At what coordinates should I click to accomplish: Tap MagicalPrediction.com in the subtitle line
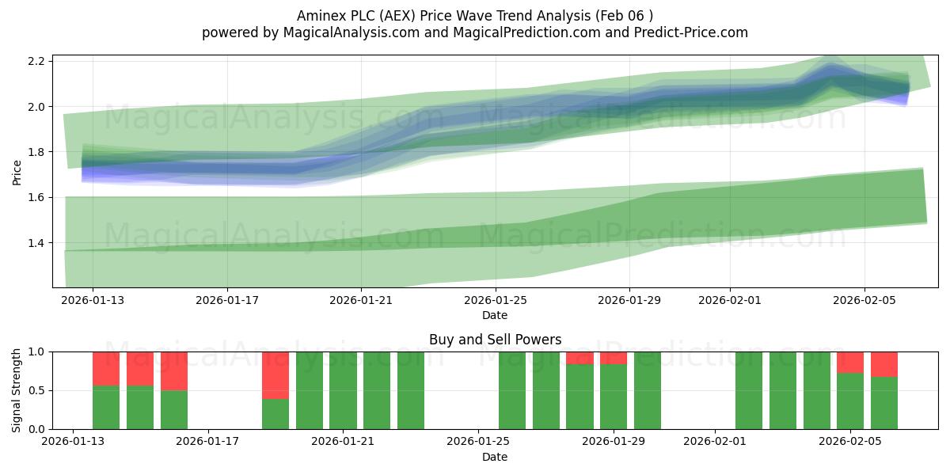pyautogui.click(x=526, y=32)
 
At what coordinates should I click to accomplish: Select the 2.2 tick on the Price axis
pyautogui.click(x=36, y=61)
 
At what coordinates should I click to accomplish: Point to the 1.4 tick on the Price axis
pyautogui.click(x=36, y=243)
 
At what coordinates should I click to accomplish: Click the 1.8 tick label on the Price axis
pyautogui.click(x=36, y=152)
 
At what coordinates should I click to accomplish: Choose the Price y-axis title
pyautogui.click(x=17, y=173)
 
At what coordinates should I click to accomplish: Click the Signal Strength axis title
pyautogui.click(x=17, y=390)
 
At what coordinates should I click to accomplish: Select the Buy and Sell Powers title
pyautogui.click(x=495, y=340)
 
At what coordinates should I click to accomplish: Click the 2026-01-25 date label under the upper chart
pyautogui.click(x=496, y=300)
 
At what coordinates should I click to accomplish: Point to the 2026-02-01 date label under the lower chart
pyautogui.click(x=715, y=441)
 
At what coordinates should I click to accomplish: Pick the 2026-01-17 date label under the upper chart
pyautogui.click(x=227, y=300)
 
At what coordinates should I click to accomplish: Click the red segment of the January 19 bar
pyautogui.click(x=275, y=375)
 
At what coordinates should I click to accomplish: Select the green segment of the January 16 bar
pyautogui.click(x=174, y=410)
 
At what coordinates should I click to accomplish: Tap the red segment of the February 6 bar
pyautogui.click(x=884, y=364)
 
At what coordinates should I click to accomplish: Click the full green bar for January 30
pyautogui.click(x=648, y=390)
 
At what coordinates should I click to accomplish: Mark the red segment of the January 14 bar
pyautogui.click(x=106, y=369)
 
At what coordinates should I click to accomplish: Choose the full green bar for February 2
pyautogui.click(x=749, y=390)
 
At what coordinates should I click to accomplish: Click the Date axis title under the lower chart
pyautogui.click(x=495, y=457)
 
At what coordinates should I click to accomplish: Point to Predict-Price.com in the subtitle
pyautogui.click(x=691, y=32)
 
